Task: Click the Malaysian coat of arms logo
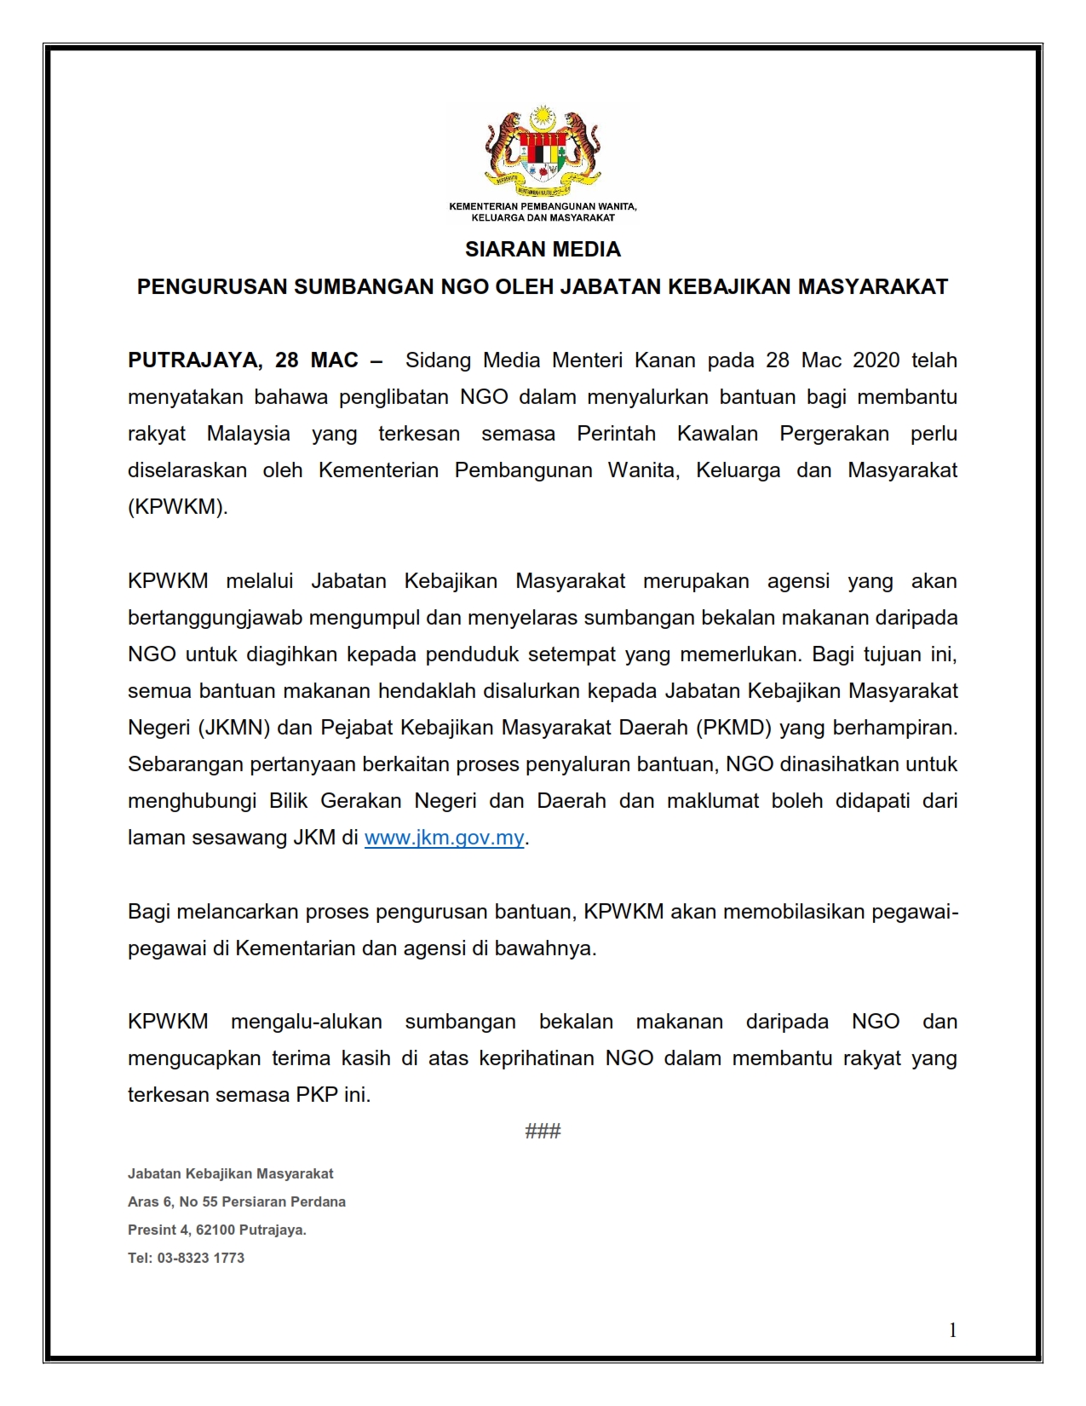[543, 148]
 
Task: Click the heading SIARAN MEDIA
[543, 250]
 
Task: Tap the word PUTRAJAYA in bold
[195, 360]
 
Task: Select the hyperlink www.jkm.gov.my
[444, 838]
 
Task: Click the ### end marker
[543, 1131]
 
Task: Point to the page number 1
[952, 1330]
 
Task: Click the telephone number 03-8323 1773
[200, 1258]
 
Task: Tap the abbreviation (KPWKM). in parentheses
[178, 507]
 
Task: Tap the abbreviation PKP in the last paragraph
[316, 1095]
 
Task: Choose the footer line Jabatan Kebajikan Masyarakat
[230, 1173]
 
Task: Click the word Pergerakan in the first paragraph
[834, 434]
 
